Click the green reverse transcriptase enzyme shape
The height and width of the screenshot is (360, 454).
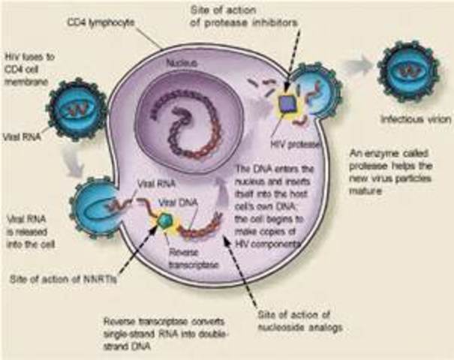pos(166,220)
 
